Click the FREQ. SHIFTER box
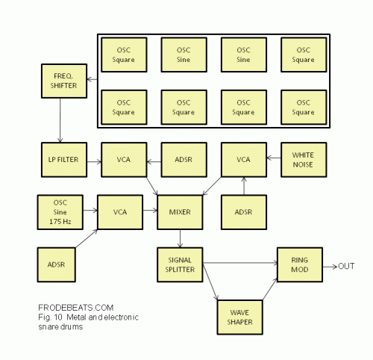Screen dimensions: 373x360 click(x=64, y=81)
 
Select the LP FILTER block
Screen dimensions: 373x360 click(x=64, y=160)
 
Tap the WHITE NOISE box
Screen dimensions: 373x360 click(x=304, y=160)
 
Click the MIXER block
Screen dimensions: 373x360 click(x=180, y=212)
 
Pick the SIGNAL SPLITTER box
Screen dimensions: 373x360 click(x=180, y=264)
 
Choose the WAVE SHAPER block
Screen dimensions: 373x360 click(x=240, y=317)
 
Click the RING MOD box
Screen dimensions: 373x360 click(x=300, y=264)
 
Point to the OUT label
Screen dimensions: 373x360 click(x=346, y=267)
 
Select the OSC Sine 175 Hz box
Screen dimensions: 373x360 click(x=60, y=212)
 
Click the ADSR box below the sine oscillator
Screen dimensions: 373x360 click(x=57, y=264)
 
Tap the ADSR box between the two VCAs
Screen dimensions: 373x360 click(x=184, y=160)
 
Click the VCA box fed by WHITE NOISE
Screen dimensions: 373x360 click(x=244, y=160)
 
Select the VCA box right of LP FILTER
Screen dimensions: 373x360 click(x=124, y=160)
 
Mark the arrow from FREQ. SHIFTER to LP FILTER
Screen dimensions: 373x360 click(x=60, y=120)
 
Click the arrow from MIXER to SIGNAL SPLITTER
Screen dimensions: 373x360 click(x=180, y=238)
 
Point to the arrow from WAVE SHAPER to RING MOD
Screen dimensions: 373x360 click(x=270, y=289)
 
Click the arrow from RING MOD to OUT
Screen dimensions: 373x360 click(x=330, y=267)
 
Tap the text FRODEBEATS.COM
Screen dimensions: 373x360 click(x=76, y=308)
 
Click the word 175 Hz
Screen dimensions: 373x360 click(x=60, y=221)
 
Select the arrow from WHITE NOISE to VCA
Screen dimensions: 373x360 click(x=274, y=158)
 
